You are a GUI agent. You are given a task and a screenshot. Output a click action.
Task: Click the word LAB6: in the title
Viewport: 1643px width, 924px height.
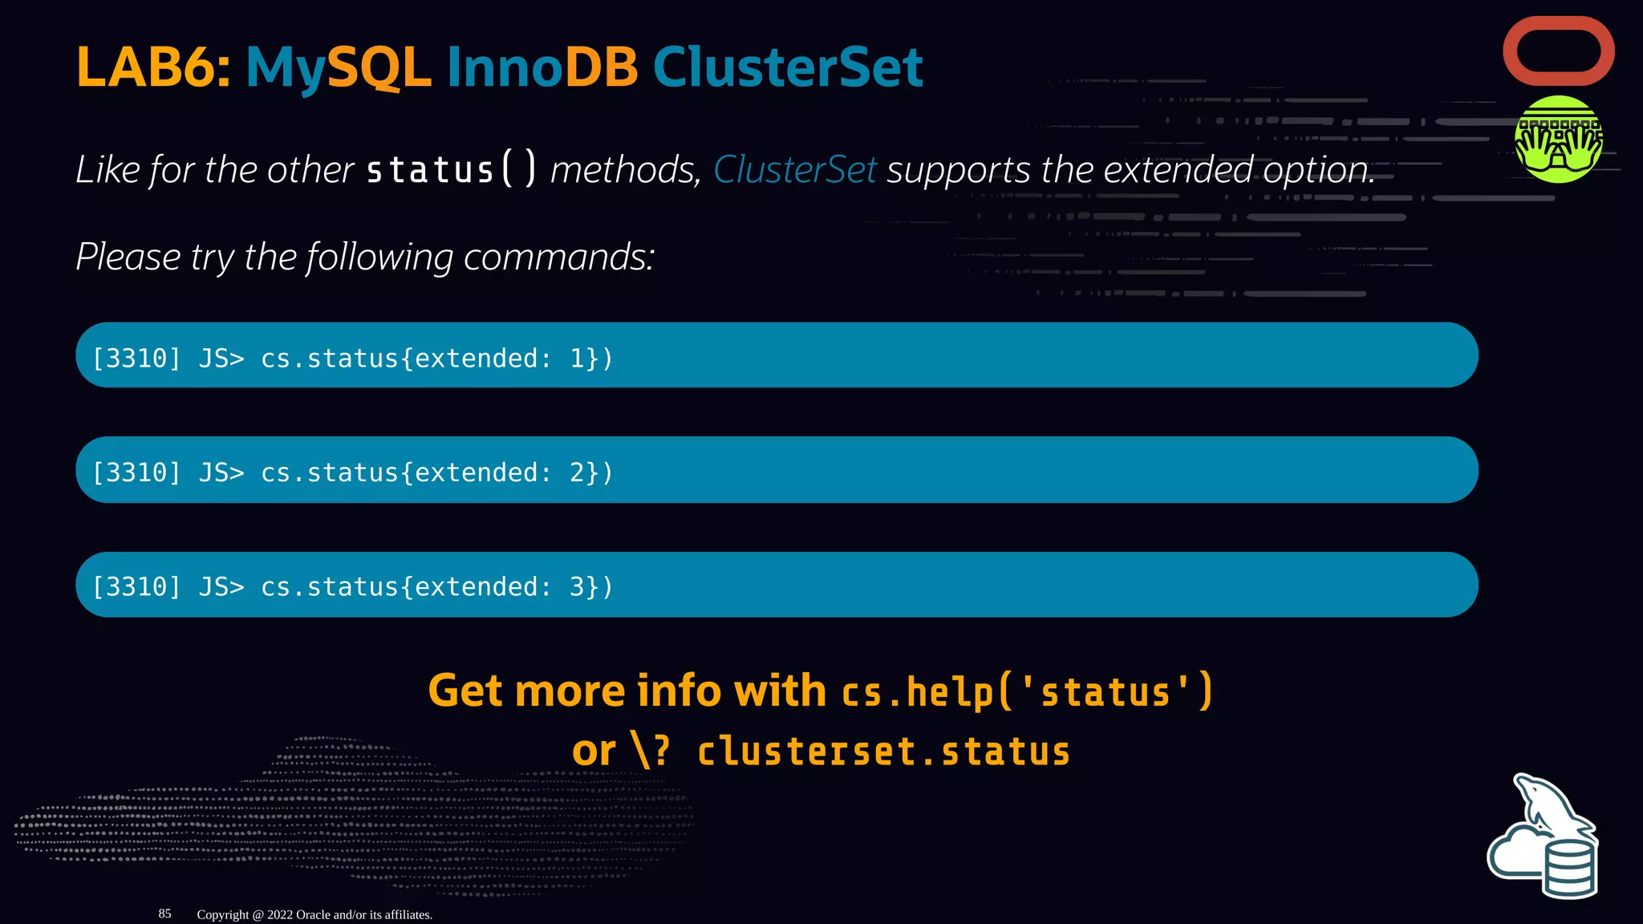click(x=153, y=67)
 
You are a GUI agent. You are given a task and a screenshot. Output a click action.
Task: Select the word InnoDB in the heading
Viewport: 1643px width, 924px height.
click(x=542, y=67)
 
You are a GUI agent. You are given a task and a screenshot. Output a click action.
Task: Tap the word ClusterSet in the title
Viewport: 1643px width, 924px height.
click(x=788, y=67)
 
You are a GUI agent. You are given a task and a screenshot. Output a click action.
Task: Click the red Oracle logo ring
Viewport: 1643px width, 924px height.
click(x=1559, y=51)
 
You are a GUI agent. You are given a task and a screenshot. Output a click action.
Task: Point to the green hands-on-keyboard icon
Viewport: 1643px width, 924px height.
click(x=1558, y=140)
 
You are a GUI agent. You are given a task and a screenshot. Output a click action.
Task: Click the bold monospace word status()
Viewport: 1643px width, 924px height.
click(x=451, y=170)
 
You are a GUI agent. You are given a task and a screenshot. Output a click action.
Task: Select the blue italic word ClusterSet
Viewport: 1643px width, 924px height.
click(x=794, y=170)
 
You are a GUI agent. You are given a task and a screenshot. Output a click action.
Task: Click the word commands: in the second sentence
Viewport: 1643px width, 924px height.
click(x=559, y=257)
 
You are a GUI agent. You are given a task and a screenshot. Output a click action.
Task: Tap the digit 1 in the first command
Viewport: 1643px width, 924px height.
click(x=578, y=359)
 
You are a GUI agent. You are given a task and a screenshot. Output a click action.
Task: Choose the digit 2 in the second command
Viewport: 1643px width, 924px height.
click(x=578, y=473)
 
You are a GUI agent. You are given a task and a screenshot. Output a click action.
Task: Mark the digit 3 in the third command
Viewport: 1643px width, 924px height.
click(x=578, y=587)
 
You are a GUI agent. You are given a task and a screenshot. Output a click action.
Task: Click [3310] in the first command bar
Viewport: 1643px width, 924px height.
click(x=136, y=359)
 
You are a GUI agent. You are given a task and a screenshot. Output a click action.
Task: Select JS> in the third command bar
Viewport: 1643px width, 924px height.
click(x=221, y=587)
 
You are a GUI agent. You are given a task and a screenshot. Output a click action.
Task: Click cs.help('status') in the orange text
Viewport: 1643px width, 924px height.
click(x=1027, y=691)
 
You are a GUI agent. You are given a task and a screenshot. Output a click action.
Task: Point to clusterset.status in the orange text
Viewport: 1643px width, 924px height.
click(x=883, y=752)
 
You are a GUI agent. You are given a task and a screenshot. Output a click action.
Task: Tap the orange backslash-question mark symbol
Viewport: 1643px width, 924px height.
click(x=651, y=752)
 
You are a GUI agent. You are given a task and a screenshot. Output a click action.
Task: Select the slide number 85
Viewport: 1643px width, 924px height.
click(x=164, y=914)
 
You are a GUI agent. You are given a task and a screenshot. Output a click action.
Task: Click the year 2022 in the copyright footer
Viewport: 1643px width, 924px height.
click(x=280, y=914)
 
